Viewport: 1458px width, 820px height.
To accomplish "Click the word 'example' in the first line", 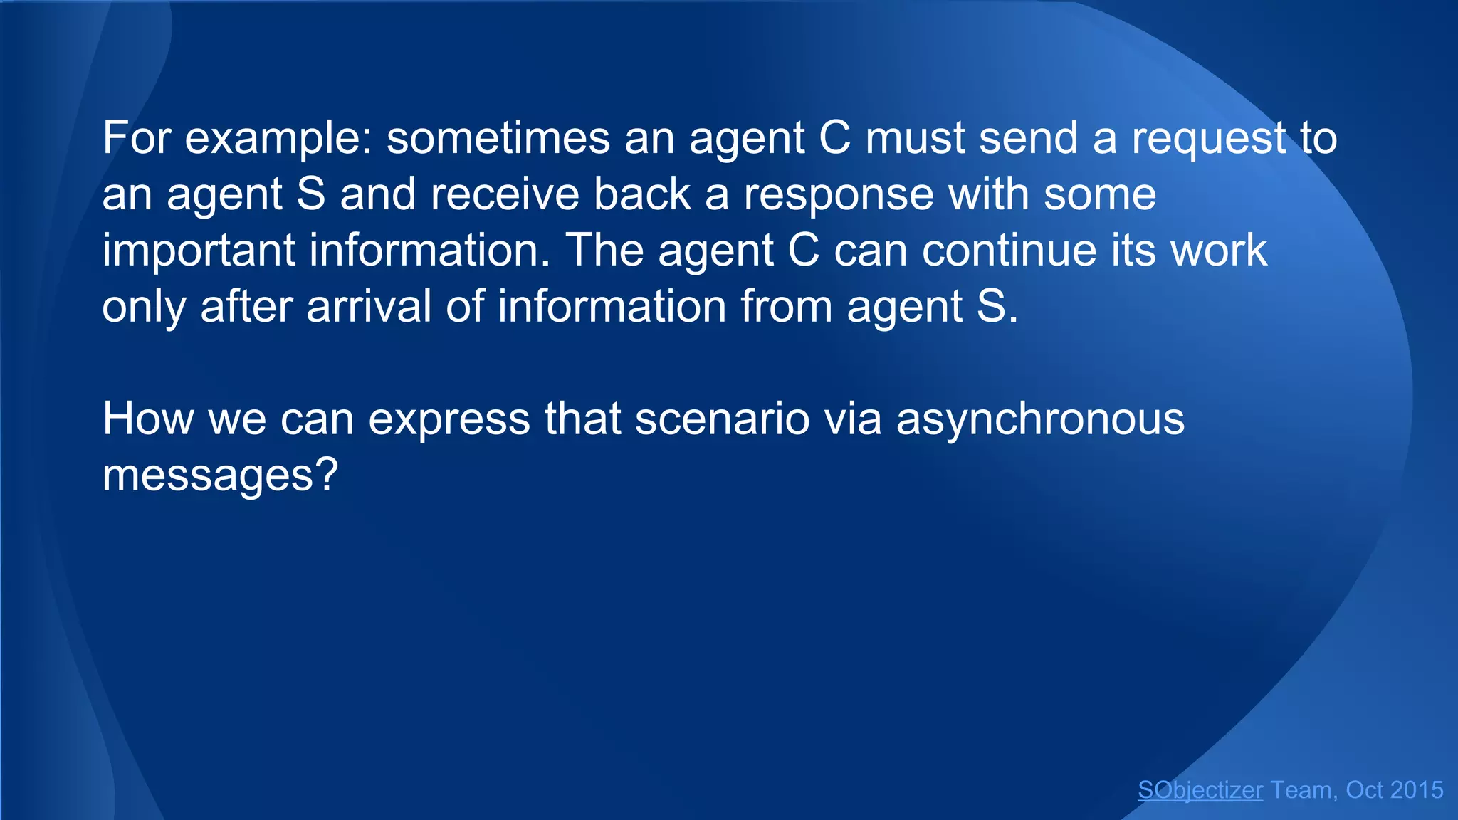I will pos(278,138).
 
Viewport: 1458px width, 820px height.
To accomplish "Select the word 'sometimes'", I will pos(498,138).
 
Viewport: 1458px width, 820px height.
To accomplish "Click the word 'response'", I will pos(838,194).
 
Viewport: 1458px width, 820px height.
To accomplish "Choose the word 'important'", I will pos(199,251).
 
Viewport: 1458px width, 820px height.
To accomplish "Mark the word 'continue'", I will pos(1012,251).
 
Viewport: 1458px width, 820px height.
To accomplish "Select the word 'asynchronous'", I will pos(1040,419).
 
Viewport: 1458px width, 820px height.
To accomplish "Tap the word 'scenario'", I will pos(722,419).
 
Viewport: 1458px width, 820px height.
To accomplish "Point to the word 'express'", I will pos(449,419).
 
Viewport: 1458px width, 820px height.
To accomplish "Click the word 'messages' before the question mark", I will pos(207,475).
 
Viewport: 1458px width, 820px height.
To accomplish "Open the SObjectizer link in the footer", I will pos(1200,790).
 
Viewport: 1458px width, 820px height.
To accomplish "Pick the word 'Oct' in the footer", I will pos(1364,790).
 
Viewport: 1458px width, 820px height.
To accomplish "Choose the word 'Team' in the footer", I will pos(1301,790).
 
